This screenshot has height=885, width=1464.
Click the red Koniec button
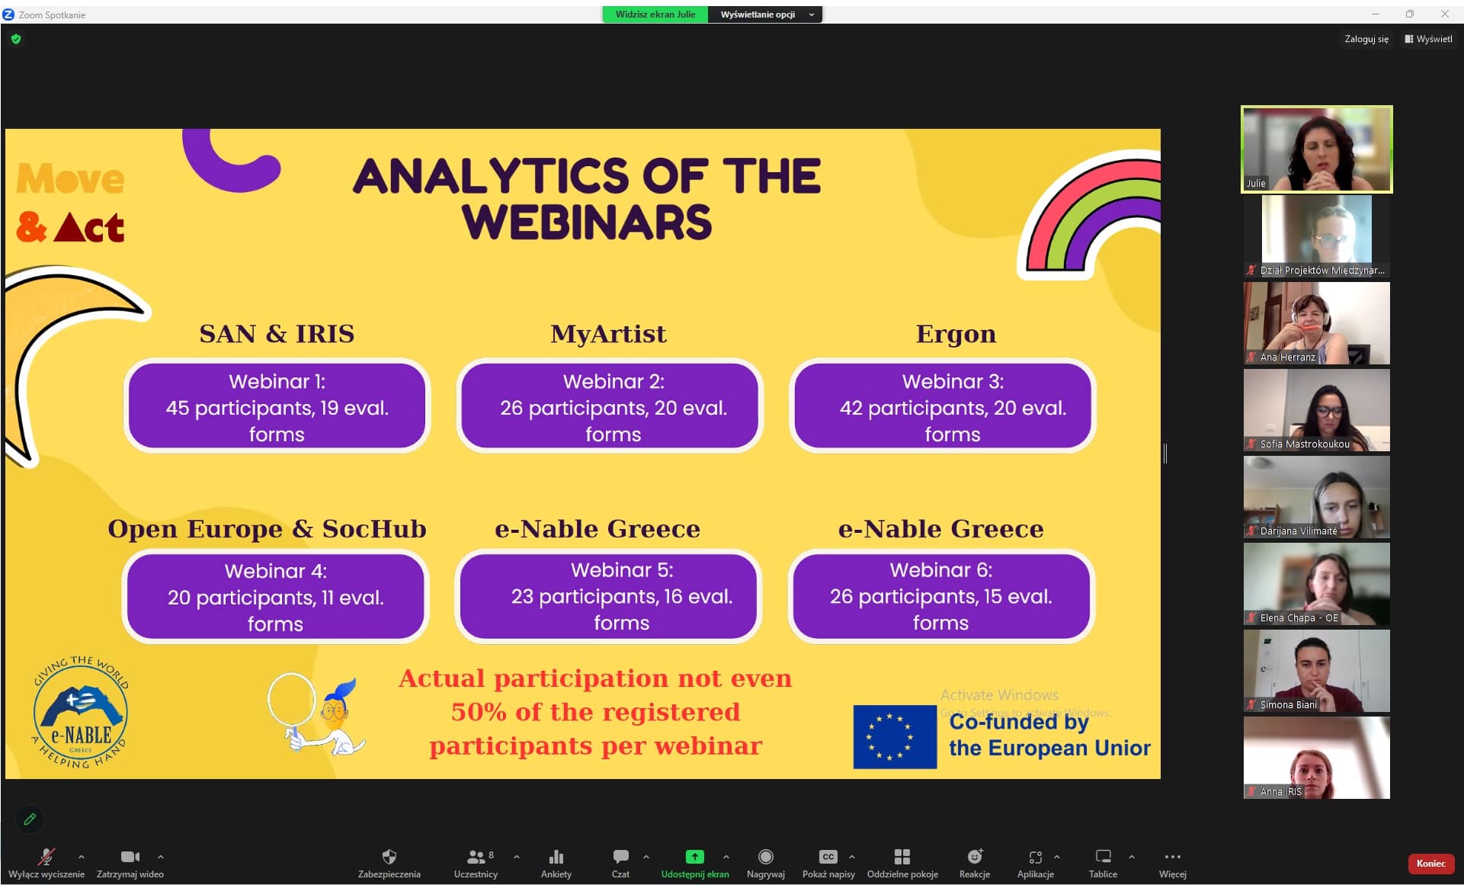click(1430, 863)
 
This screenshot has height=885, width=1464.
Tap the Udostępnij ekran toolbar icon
click(694, 856)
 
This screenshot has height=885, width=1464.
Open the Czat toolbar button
click(620, 856)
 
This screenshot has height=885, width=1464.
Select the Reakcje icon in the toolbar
click(975, 856)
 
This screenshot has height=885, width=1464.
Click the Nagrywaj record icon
click(766, 856)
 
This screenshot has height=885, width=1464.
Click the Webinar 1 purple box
click(277, 406)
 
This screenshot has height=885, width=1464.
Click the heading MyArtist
click(608, 334)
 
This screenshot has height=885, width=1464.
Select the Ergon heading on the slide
click(956, 334)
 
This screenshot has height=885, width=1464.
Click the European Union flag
click(895, 736)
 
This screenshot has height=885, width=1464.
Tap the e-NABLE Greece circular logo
click(80, 712)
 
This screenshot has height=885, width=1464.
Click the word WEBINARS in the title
click(586, 222)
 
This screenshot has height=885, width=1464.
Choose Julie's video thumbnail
click(1316, 149)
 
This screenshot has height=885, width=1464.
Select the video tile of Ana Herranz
click(1316, 323)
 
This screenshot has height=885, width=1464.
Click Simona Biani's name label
click(1288, 705)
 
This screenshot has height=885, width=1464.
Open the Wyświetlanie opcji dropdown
click(765, 14)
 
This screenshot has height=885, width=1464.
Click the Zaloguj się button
click(1366, 39)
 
